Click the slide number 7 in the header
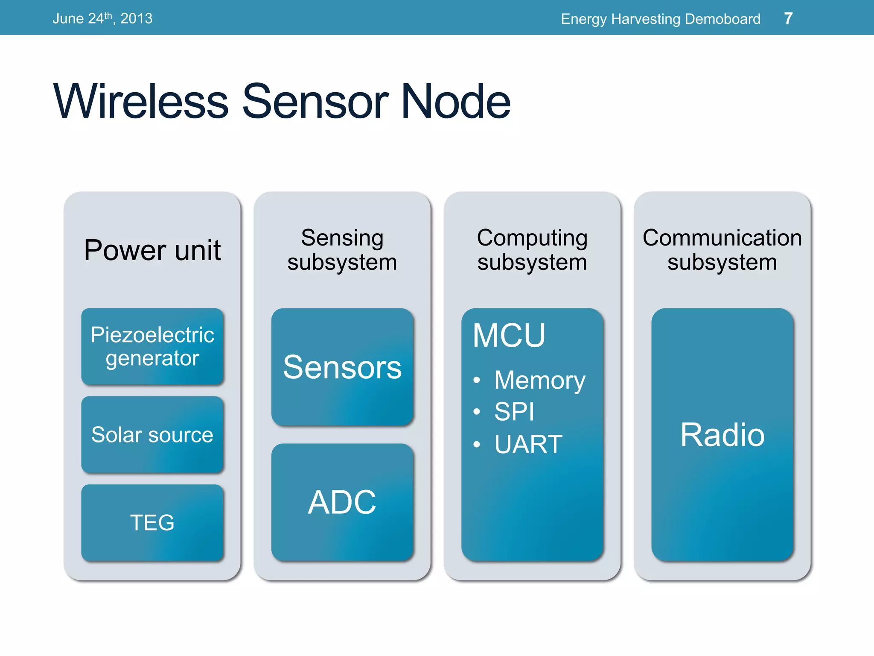pyautogui.click(x=788, y=18)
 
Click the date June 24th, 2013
pyautogui.click(x=102, y=18)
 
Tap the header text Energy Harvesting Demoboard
pyautogui.click(x=660, y=19)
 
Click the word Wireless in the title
pyautogui.click(x=141, y=102)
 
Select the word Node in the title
pyautogui.click(x=455, y=102)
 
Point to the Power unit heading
pyautogui.click(x=152, y=250)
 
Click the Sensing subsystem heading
pyautogui.click(x=342, y=250)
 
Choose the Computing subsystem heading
pyautogui.click(x=532, y=250)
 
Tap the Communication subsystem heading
pyautogui.click(x=722, y=250)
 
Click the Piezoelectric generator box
pyautogui.click(x=152, y=346)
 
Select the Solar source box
pyautogui.click(x=152, y=435)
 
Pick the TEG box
pyautogui.click(x=152, y=522)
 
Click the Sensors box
pyautogui.click(x=342, y=367)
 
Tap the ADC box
pyautogui.click(x=342, y=502)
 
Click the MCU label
pyautogui.click(x=509, y=336)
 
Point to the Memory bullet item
pyautogui.click(x=540, y=380)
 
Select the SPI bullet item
pyautogui.click(x=514, y=412)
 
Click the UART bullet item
pyautogui.click(x=528, y=444)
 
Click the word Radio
pyautogui.click(x=722, y=435)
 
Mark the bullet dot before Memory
pyautogui.click(x=477, y=380)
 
